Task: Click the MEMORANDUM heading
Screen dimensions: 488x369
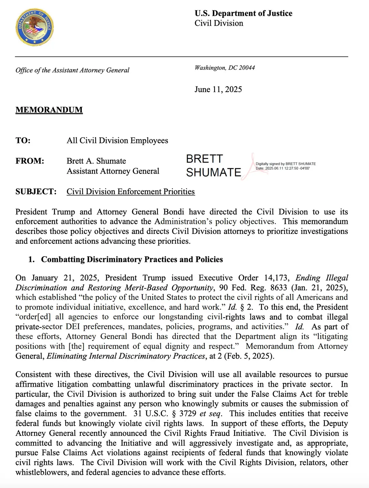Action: point(49,110)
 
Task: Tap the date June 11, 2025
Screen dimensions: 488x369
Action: point(218,89)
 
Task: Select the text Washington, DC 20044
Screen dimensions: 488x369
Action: point(225,68)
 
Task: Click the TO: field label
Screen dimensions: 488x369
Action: point(23,141)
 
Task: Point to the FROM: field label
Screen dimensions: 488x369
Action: point(30,161)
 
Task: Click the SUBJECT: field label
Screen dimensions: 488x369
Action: point(36,192)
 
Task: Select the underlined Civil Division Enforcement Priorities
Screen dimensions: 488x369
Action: point(130,192)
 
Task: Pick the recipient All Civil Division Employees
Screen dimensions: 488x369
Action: point(117,141)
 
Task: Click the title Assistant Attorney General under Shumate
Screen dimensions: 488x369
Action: point(113,171)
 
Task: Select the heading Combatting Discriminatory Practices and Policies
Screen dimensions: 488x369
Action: point(132,260)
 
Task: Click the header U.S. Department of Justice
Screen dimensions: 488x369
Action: point(243,13)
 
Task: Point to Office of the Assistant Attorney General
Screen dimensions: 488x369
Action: point(72,70)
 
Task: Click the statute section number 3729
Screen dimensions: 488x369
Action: point(186,414)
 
